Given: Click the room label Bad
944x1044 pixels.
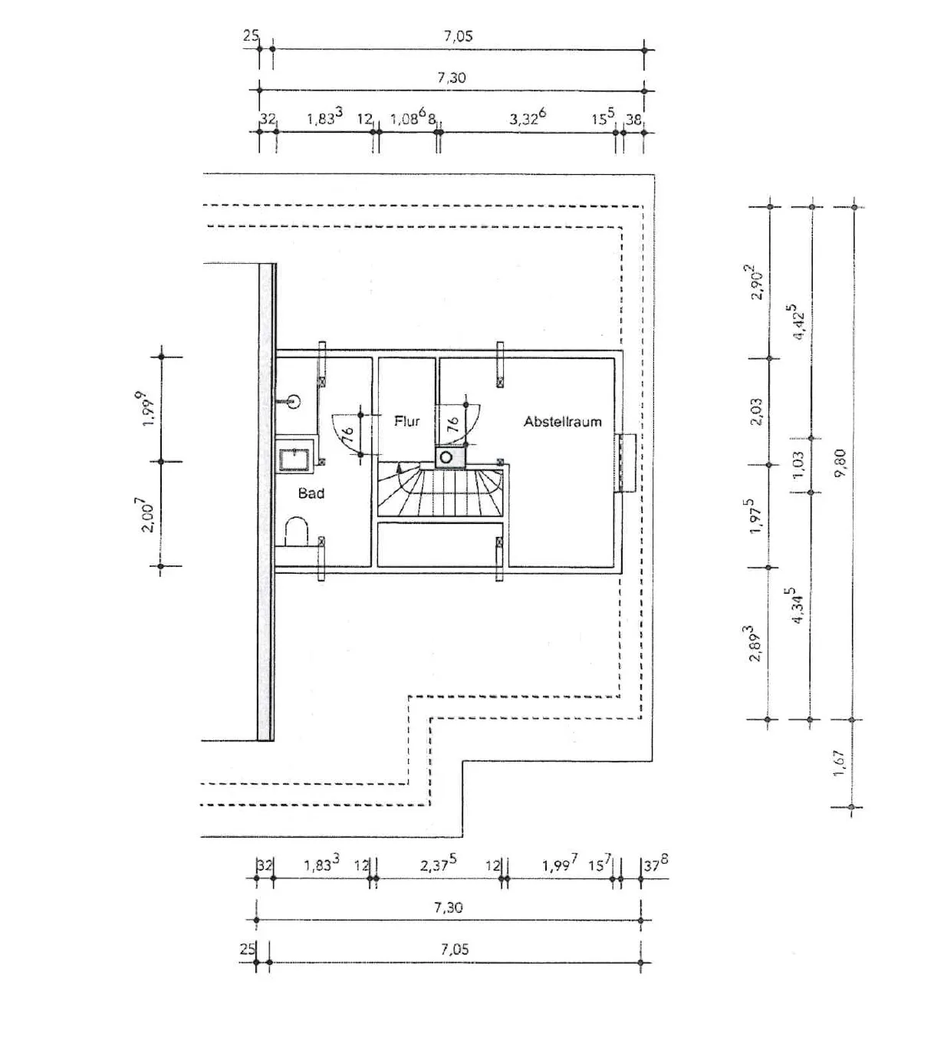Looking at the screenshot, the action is (311, 493).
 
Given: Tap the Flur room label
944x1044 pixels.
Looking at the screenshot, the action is (407, 421).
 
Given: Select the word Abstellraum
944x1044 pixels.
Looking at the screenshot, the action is (563, 422).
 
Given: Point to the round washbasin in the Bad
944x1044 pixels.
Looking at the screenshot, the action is (292, 401).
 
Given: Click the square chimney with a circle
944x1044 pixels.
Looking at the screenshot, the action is (451, 458).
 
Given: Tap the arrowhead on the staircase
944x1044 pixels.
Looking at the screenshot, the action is (400, 467).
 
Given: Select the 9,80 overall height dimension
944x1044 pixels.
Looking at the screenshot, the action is (840, 464).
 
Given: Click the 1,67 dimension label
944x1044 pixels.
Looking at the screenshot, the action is (838, 763).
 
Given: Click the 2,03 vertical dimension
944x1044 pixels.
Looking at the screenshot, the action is (756, 412).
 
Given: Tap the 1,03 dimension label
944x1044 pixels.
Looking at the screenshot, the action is (799, 465).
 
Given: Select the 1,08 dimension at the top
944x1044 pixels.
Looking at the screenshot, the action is (408, 117).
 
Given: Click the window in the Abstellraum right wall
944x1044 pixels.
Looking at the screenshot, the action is (626, 463).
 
